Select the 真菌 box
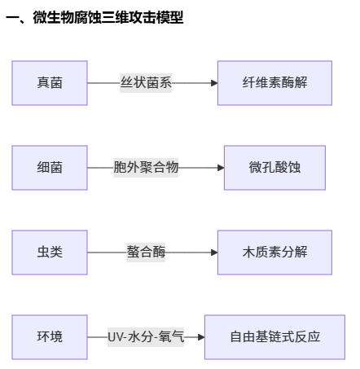pyautogui.click(x=50, y=83)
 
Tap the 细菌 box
pyautogui.click(x=50, y=168)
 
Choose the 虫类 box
pyautogui.click(x=50, y=253)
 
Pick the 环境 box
pyautogui.click(x=50, y=337)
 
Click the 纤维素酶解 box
pyautogui.click(x=274, y=83)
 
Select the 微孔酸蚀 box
pyautogui.click(x=274, y=168)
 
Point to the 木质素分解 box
pyautogui.click(x=274, y=253)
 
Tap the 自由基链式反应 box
pyautogui.click(x=274, y=337)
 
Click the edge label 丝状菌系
pyautogui.click(x=146, y=83)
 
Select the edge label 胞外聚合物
pyautogui.click(x=146, y=168)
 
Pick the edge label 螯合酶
pyautogui.click(x=146, y=253)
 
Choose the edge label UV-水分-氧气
pyautogui.click(x=146, y=337)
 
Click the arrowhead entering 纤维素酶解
pyautogui.click(x=214, y=83)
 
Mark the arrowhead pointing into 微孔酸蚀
pyautogui.click(x=221, y=168)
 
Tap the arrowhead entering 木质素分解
pyautogui.click(x=214, y=253)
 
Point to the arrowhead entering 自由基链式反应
pyautogui.click(x=201, y=337)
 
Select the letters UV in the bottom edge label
pyautogui.click(x=114, y=337)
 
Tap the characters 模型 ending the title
pyautogui.click(x=170, y=17)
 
